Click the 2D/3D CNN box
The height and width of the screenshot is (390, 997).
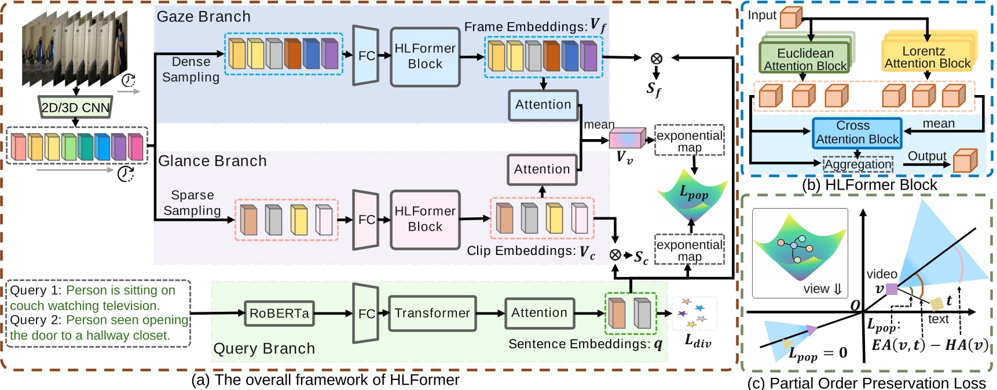pos(75,108)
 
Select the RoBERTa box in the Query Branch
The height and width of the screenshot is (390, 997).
pos(279,314)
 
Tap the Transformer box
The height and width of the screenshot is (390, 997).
pos(432,314)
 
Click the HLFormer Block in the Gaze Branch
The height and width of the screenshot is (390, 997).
pos(425,57)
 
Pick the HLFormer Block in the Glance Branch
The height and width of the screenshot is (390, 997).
pos(425,220)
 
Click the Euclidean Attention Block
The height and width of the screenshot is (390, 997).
pos(805,59)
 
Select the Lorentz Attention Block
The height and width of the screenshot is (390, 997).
pos(927,57)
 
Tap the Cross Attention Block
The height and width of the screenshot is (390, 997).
pos(857,133)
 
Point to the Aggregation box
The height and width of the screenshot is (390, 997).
pos(857,165)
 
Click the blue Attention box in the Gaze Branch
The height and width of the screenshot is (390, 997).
pos(543,105)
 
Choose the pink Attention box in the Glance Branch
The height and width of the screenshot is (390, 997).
pos(542,169)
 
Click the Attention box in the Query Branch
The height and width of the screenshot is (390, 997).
pos(539,314)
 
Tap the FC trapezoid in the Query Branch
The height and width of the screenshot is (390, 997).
pos(365,314)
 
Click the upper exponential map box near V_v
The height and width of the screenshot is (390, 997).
pos(689,140)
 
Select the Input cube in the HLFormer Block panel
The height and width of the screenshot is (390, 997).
pos(791,17)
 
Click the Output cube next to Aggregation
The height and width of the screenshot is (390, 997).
pos(965,161)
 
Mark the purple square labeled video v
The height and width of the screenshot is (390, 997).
pos(892,289)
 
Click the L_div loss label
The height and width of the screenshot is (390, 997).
pos(697,341)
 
